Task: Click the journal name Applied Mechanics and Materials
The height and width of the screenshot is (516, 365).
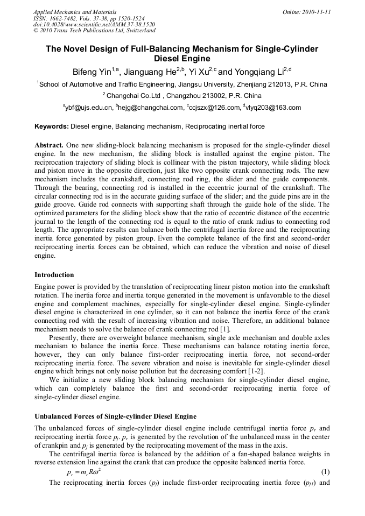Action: pyautogui.click(x=75, y=11)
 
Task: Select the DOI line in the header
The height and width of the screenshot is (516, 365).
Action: pyautogui.click(x=94, y=24)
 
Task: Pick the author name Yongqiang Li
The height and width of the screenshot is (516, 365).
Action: pyautogui.click(x=260, y=72)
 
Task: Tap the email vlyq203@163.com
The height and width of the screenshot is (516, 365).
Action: pyautogui.click(x=273, y=108)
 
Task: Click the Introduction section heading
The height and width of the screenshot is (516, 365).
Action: pyautogui.click(x=54, y=275)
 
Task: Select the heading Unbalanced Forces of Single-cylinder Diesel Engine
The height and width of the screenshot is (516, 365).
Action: pyautogui.click(x=115, y=416)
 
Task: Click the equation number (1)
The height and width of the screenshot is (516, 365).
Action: pyautogui.click(x=325, y=472)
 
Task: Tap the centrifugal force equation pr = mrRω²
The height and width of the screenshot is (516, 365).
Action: pyautogui.click(x=79, y=472)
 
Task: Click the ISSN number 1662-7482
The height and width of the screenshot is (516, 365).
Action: pyautogui.click(x=66, y=18)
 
